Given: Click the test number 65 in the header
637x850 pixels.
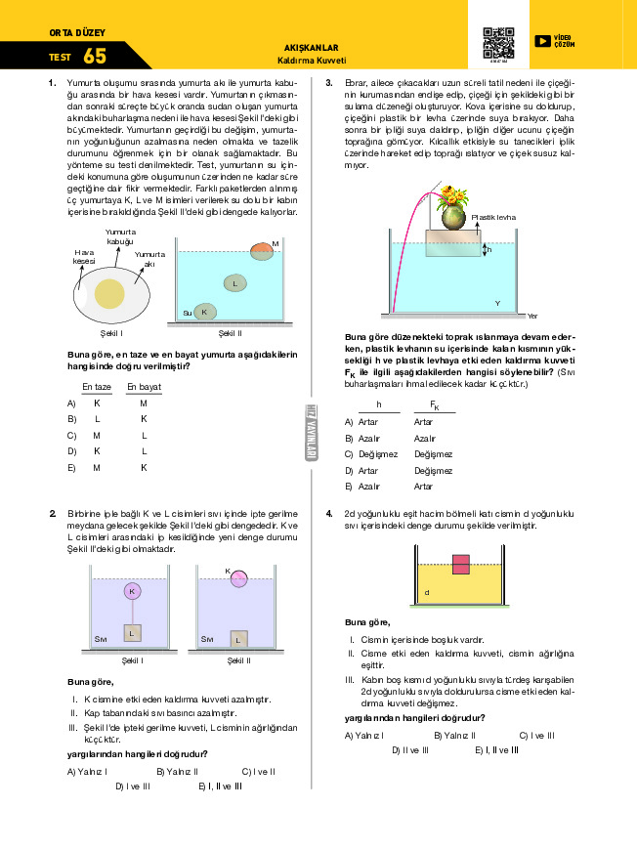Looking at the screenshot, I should pos(95,57).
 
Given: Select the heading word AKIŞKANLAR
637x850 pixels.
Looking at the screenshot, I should pos(311,47).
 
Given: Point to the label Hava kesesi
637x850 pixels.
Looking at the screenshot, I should pos(84,256).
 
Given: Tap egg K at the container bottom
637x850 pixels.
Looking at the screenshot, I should pos(203,312).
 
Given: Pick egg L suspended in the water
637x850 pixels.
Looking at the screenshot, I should pos(234,283).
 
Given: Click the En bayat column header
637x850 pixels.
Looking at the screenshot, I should pos(144,387).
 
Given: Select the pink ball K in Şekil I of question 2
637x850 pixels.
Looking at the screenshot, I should pos(132,591).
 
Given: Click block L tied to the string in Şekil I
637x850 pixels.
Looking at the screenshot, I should pos(132,633).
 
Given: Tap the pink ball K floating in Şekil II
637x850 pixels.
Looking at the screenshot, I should pos(238,580).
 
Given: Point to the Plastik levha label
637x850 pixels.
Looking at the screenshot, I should pos(493,217).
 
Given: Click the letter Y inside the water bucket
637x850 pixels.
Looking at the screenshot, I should pos(497,303).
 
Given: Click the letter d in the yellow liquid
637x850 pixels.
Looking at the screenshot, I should pos(426,592).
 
